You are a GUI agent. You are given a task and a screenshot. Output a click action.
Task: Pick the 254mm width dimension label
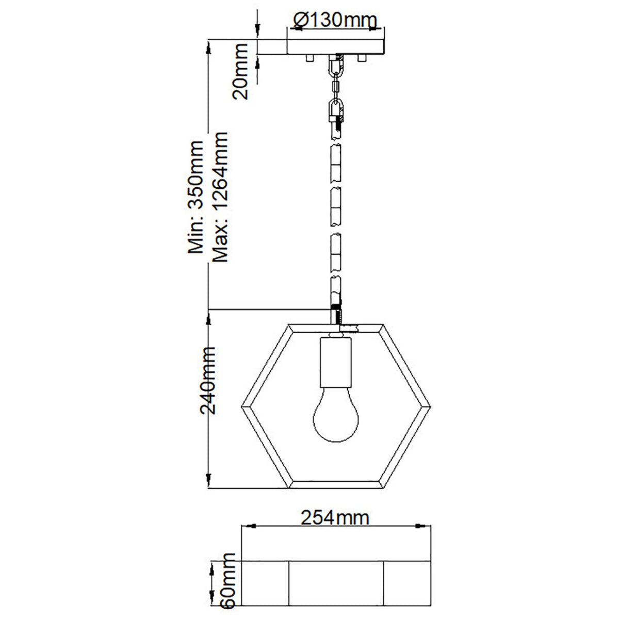[x=335, y=517]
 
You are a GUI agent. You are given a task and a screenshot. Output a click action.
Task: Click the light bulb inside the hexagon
[x=336, y=416]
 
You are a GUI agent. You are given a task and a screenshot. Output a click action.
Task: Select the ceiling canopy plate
[x=336, y=47]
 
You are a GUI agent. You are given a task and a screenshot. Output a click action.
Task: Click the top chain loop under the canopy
[x=336, y=66]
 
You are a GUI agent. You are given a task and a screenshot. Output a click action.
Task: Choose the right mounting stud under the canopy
[x=362, y=58]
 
